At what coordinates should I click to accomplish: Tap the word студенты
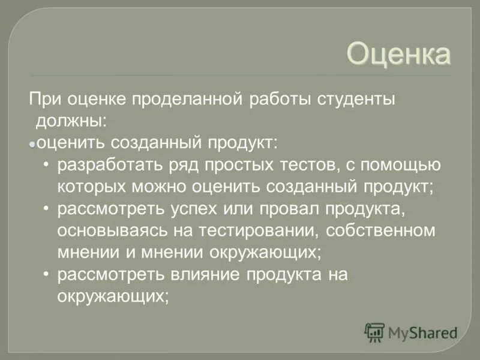click(x=352, y=98)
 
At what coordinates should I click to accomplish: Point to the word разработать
click(x=106, y=163)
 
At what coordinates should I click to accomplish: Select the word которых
click(x=90, y=185)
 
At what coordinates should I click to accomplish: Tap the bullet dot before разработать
click(x=47, y=163)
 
